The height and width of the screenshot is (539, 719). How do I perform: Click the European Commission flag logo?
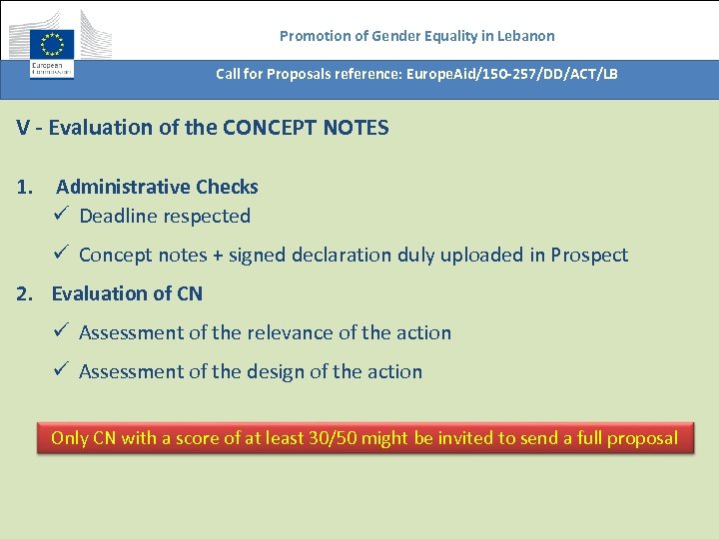point(51,44)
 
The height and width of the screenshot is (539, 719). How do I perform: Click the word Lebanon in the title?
point(524,36)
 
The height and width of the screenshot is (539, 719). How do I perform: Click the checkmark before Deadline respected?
point(61,216)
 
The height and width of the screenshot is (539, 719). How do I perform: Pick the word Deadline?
point(118,216)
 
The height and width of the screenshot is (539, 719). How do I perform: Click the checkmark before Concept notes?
point(61,255)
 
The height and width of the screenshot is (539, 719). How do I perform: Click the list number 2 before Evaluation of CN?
point(24,293)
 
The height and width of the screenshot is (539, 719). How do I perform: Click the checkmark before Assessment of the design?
point(61,371)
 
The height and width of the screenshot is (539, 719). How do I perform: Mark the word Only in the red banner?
point(70,438)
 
